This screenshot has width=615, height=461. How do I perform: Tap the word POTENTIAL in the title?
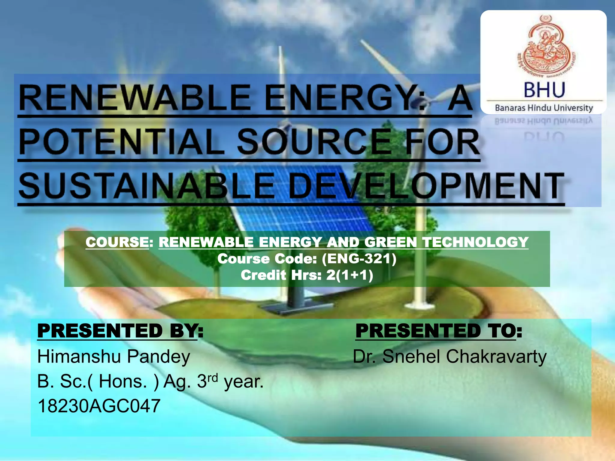click(121, 142)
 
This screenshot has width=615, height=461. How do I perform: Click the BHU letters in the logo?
click(544, 90)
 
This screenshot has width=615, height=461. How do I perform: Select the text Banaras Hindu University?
click(544, 108)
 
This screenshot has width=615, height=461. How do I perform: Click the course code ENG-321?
click(359, 259)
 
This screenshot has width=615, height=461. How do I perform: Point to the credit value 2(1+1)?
click(350, 275)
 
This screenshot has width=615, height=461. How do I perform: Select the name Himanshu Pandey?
click(114, 357)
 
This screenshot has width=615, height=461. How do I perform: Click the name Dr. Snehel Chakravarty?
click(450, 357)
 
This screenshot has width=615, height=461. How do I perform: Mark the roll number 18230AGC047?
click(99, 406)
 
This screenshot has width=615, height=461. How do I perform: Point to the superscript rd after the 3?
click(213, 377)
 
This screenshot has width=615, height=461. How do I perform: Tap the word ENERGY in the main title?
click(344, 98)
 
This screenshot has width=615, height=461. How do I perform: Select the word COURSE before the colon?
click(117, 242)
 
